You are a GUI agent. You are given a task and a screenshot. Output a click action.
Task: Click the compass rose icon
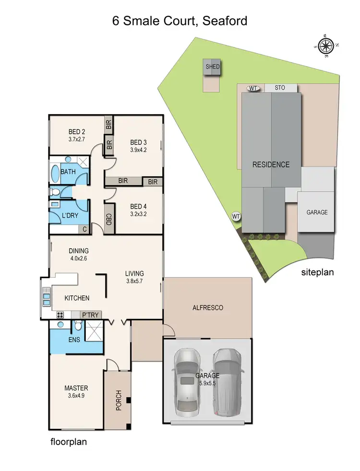tap(326, 46)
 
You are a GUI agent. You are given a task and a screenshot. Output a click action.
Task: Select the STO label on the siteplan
tap(280, 88)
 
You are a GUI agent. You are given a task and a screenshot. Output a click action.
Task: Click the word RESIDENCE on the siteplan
tap(271, 165)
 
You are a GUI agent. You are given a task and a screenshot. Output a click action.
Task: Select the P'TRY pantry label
tap(90, 315)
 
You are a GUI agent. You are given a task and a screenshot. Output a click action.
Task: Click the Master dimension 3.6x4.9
tap(77, 396)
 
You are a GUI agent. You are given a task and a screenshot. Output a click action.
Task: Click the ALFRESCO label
tap(208, 307)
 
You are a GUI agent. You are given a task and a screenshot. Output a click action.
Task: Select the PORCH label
tap(119, 400)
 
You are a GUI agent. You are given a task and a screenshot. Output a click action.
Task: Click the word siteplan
tap(317, 272)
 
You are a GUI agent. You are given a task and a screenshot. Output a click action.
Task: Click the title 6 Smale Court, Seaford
tap(180, 21)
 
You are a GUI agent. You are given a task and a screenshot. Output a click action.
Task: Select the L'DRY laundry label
tap(70, 216)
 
